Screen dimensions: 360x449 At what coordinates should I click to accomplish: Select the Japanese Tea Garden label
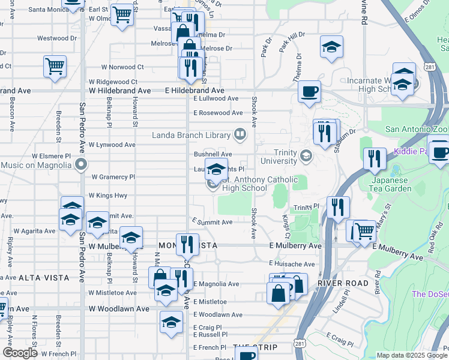394,185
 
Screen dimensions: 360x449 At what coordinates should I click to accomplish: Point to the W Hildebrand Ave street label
120,91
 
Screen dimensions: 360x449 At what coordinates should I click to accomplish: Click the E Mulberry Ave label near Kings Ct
295,246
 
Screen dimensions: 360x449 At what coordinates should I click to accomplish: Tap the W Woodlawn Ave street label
119,308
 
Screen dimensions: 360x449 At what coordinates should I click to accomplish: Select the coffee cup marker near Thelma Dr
310,92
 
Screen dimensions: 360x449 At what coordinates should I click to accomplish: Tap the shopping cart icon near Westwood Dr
55,66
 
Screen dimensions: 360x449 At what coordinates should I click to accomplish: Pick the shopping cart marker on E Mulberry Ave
364,230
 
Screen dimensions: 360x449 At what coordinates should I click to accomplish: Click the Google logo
20,353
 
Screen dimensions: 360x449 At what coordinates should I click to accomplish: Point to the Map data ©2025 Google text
412,355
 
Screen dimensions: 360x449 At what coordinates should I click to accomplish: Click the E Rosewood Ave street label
218,113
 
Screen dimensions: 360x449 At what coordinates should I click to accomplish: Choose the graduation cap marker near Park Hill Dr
331,47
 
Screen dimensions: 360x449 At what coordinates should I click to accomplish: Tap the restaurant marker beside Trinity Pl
339,208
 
